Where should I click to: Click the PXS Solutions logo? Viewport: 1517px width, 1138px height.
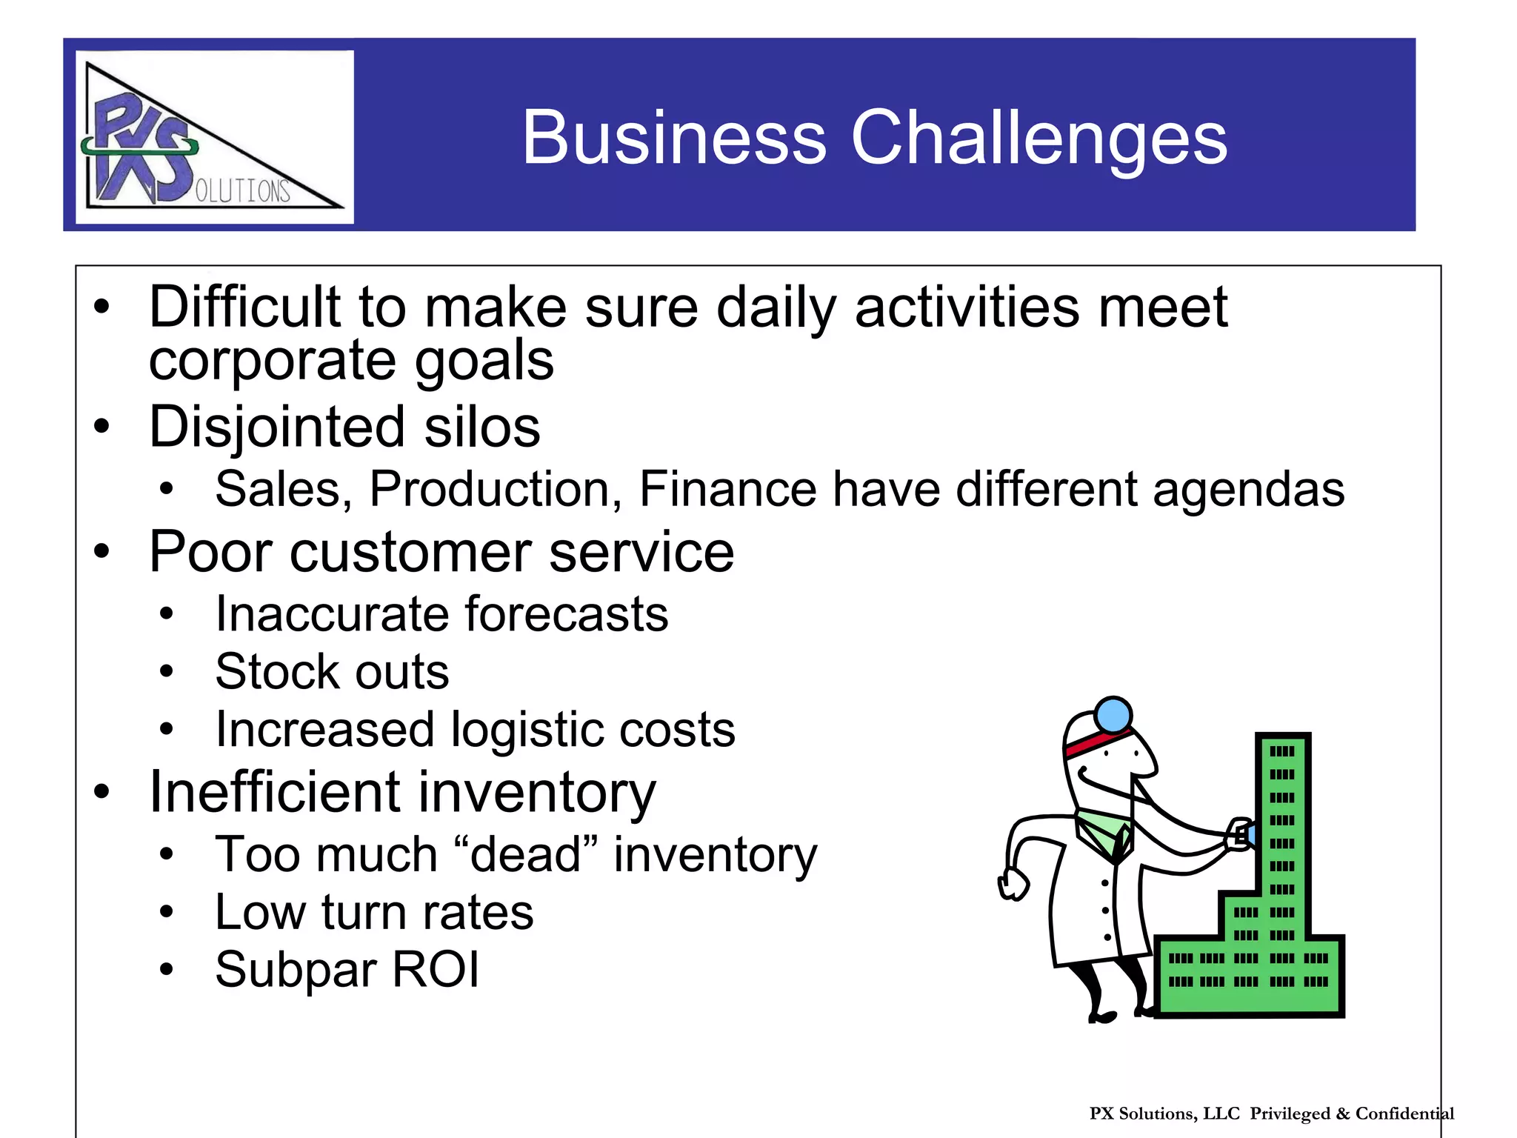pyautogui.click(x=214, y=137)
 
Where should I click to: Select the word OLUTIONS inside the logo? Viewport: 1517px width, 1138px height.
pyautogui.click(x=242, y=191)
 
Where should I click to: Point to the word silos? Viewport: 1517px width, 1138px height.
pyautogui.click(x=482, y=427)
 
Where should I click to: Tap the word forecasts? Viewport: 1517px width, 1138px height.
pyautogui.click(x=567, y=614)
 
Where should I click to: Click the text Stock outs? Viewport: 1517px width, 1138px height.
pyautogui.click(x=332, y=672)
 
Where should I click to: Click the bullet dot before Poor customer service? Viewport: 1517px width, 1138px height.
pyautogui.click(x=101, y=552)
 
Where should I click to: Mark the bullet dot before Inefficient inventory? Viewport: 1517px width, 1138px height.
pyautogui.click(x=101, y=791)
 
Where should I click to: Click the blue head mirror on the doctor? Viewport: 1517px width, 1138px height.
pyautogui.click(x=1113, y=715)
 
